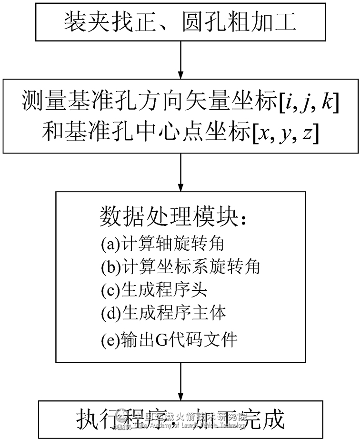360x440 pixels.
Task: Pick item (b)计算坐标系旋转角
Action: coord(180,267)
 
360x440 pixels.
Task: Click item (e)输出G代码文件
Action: coord(169,340)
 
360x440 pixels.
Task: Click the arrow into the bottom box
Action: coord(180,384)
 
